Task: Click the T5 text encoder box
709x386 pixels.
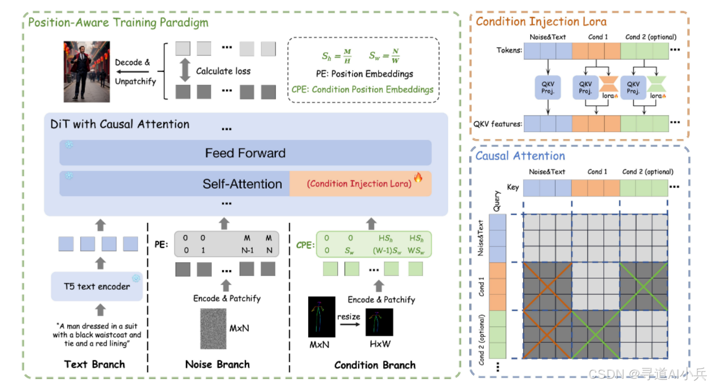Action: tap(97, 287)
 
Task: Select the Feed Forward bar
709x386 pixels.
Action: tap(245, 153)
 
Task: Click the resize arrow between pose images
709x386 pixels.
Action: tap(349, 322)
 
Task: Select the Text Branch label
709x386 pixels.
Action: tap(95, 364)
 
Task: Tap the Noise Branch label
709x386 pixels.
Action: tap(218, 364)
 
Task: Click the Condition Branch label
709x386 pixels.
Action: tap(375, 365)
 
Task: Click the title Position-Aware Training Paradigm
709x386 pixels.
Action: tap(118, 23)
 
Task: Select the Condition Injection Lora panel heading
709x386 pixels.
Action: tap(541, 21)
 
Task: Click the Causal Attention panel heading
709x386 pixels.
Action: tap(520, 156)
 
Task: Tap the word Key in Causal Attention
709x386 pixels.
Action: tap(513, 187)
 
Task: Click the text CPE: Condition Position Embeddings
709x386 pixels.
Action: tap(363, 89)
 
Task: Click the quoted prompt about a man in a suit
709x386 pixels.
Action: tap(97, 335)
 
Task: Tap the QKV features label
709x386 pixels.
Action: tap(497, 123)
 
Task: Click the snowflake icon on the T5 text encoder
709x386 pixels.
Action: tap(136, 278)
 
